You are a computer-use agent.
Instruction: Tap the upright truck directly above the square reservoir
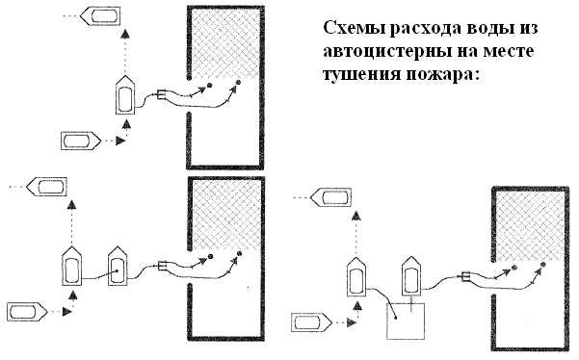point(411,277)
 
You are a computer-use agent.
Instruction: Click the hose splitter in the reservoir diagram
point(465,278)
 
